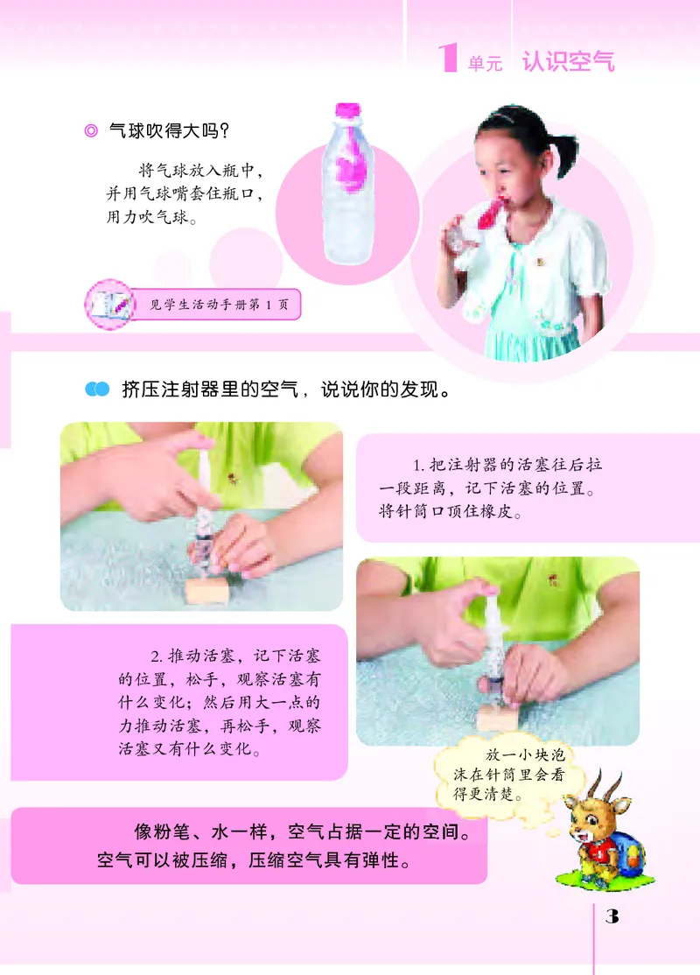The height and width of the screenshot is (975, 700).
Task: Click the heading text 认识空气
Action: click(x=568, y=62)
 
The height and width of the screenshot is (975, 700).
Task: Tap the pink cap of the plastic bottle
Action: click(x=348, y=110)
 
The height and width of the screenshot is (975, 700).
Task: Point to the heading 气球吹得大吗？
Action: click(x=169, y=132)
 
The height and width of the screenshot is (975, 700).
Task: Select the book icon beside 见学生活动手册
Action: click(x=108, y=304)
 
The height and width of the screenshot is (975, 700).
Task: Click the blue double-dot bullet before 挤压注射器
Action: click(x=96, y=389)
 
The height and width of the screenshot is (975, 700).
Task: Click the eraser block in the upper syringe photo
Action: click(x=208, y=589)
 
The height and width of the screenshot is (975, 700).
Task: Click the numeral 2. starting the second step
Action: click(x=156, y=656)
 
